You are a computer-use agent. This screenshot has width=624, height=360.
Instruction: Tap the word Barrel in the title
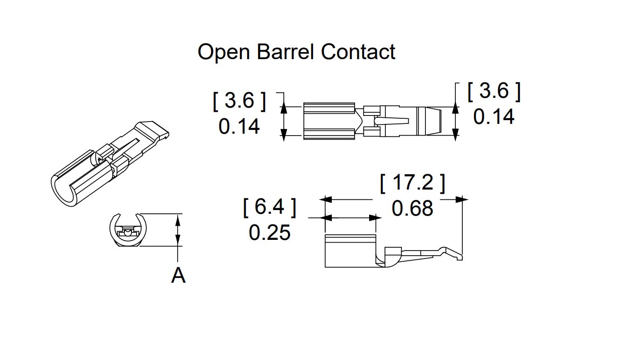285,52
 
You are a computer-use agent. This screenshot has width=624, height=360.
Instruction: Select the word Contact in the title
358,52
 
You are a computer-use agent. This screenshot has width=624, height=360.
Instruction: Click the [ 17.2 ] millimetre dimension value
412,183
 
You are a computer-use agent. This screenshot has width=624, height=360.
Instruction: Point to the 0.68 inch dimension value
412,208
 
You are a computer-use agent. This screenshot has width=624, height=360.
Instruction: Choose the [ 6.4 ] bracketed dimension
270,207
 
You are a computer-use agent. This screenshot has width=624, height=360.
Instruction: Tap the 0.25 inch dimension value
269,233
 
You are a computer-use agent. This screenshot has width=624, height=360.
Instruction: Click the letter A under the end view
178,275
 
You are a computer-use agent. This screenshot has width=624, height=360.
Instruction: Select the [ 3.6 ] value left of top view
239,101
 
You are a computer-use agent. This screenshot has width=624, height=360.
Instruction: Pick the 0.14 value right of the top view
494,117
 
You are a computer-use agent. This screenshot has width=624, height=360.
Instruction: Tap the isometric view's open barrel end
64,191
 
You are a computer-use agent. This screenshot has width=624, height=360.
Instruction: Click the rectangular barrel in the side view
350,251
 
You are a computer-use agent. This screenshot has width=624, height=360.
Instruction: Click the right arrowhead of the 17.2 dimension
462,199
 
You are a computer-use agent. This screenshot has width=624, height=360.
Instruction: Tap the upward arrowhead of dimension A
178,220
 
